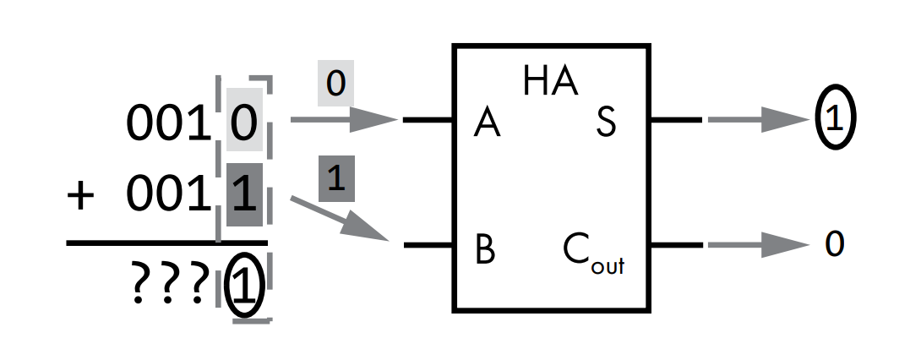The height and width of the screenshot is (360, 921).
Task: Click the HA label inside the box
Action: coord(550,81)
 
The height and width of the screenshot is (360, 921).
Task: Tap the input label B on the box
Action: coord(485,250)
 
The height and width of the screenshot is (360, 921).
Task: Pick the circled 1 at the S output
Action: coord(835,120)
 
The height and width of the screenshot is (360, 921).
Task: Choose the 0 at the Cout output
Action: coord(834,245)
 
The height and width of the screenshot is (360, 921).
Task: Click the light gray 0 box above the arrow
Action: coord(335,86)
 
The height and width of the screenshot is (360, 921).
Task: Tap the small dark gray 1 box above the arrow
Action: coord(335,182)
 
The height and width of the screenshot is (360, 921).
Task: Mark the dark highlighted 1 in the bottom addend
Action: coord(244,196)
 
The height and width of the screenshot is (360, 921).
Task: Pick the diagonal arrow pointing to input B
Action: coord(338,218)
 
